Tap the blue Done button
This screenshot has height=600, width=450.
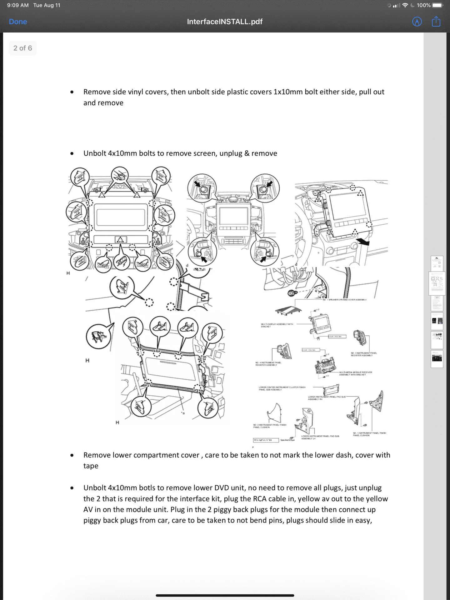[x=18, y=22]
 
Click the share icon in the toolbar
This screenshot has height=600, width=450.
[x=436, y=22]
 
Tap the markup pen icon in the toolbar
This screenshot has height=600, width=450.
[x=417, y=22]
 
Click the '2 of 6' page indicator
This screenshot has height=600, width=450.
[x=22, y=48]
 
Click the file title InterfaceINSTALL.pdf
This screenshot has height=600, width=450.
[x=225, y=22]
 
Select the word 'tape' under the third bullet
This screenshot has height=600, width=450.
[x=91, y=466]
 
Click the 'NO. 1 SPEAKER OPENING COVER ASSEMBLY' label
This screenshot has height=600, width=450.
[x=345, y=300]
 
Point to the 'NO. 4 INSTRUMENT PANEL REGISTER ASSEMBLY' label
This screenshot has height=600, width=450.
[x=268, y=364]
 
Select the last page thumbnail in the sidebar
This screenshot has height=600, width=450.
[x=437, y=359]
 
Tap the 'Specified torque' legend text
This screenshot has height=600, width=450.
[x=287, y=440]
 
